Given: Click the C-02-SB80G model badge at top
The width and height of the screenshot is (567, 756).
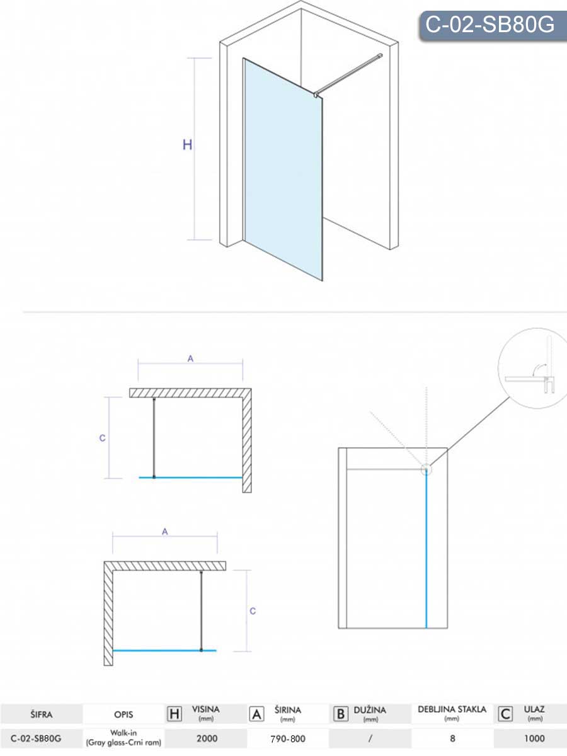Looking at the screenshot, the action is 492,26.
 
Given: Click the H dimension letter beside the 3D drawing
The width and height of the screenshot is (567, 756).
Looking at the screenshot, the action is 187,145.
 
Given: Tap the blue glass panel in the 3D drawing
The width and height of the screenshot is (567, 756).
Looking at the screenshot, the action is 283,169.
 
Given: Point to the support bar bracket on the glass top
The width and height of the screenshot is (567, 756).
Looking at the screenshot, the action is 316,94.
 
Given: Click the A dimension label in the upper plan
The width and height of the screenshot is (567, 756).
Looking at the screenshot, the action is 190,359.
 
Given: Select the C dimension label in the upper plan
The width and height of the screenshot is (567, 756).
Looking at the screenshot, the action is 102,438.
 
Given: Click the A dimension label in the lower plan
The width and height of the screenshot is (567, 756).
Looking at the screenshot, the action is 165,532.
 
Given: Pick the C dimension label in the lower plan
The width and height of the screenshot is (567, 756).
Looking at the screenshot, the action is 253,611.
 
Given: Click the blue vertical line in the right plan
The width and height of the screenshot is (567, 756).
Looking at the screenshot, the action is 427,550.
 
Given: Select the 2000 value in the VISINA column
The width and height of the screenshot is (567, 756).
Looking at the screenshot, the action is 207,738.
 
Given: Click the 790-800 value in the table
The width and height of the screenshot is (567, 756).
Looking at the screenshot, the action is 288,739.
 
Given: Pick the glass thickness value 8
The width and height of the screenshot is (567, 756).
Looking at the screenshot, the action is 452,738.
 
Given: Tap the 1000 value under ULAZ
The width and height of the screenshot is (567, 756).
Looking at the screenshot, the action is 534,738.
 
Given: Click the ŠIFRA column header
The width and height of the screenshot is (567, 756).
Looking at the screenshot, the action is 42,714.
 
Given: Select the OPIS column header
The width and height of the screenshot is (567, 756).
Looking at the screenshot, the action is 123,714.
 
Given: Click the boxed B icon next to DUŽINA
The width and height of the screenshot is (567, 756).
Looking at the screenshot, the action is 340,714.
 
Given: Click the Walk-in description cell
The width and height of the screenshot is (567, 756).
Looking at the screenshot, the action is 123,738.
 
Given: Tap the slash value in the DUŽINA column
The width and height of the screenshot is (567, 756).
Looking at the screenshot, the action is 370,738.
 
